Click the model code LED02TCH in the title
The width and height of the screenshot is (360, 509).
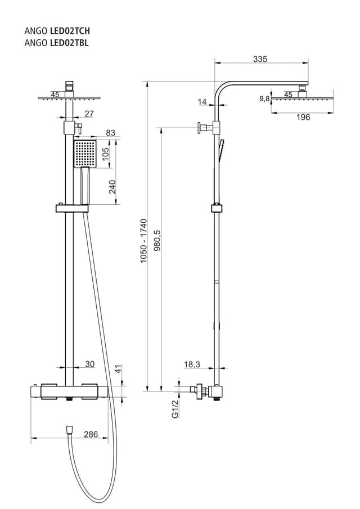tap(70, 31)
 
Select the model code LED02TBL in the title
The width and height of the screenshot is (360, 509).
tap(69, 42)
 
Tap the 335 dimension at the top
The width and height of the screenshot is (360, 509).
tap(260, 58)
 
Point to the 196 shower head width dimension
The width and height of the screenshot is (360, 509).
tap(303, 117)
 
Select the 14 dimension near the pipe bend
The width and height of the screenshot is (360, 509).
tap(202, 102)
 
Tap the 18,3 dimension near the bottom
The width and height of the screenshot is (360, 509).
tap(192, 364)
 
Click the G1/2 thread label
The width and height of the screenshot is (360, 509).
tap(175, 409)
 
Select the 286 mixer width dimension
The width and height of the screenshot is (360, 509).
tap(91, 434)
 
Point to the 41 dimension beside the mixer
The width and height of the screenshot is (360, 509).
tap(118, 370)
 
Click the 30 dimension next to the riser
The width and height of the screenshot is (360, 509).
tap(89, 364)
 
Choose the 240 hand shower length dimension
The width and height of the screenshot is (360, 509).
tap(112, 187)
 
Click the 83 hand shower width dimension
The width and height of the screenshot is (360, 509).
tap(110, 133)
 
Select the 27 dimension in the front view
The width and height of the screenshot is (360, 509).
tap(89, 114)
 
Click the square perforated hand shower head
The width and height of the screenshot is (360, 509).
tap(85, 154)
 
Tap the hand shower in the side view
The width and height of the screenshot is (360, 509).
tap(222, 150)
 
